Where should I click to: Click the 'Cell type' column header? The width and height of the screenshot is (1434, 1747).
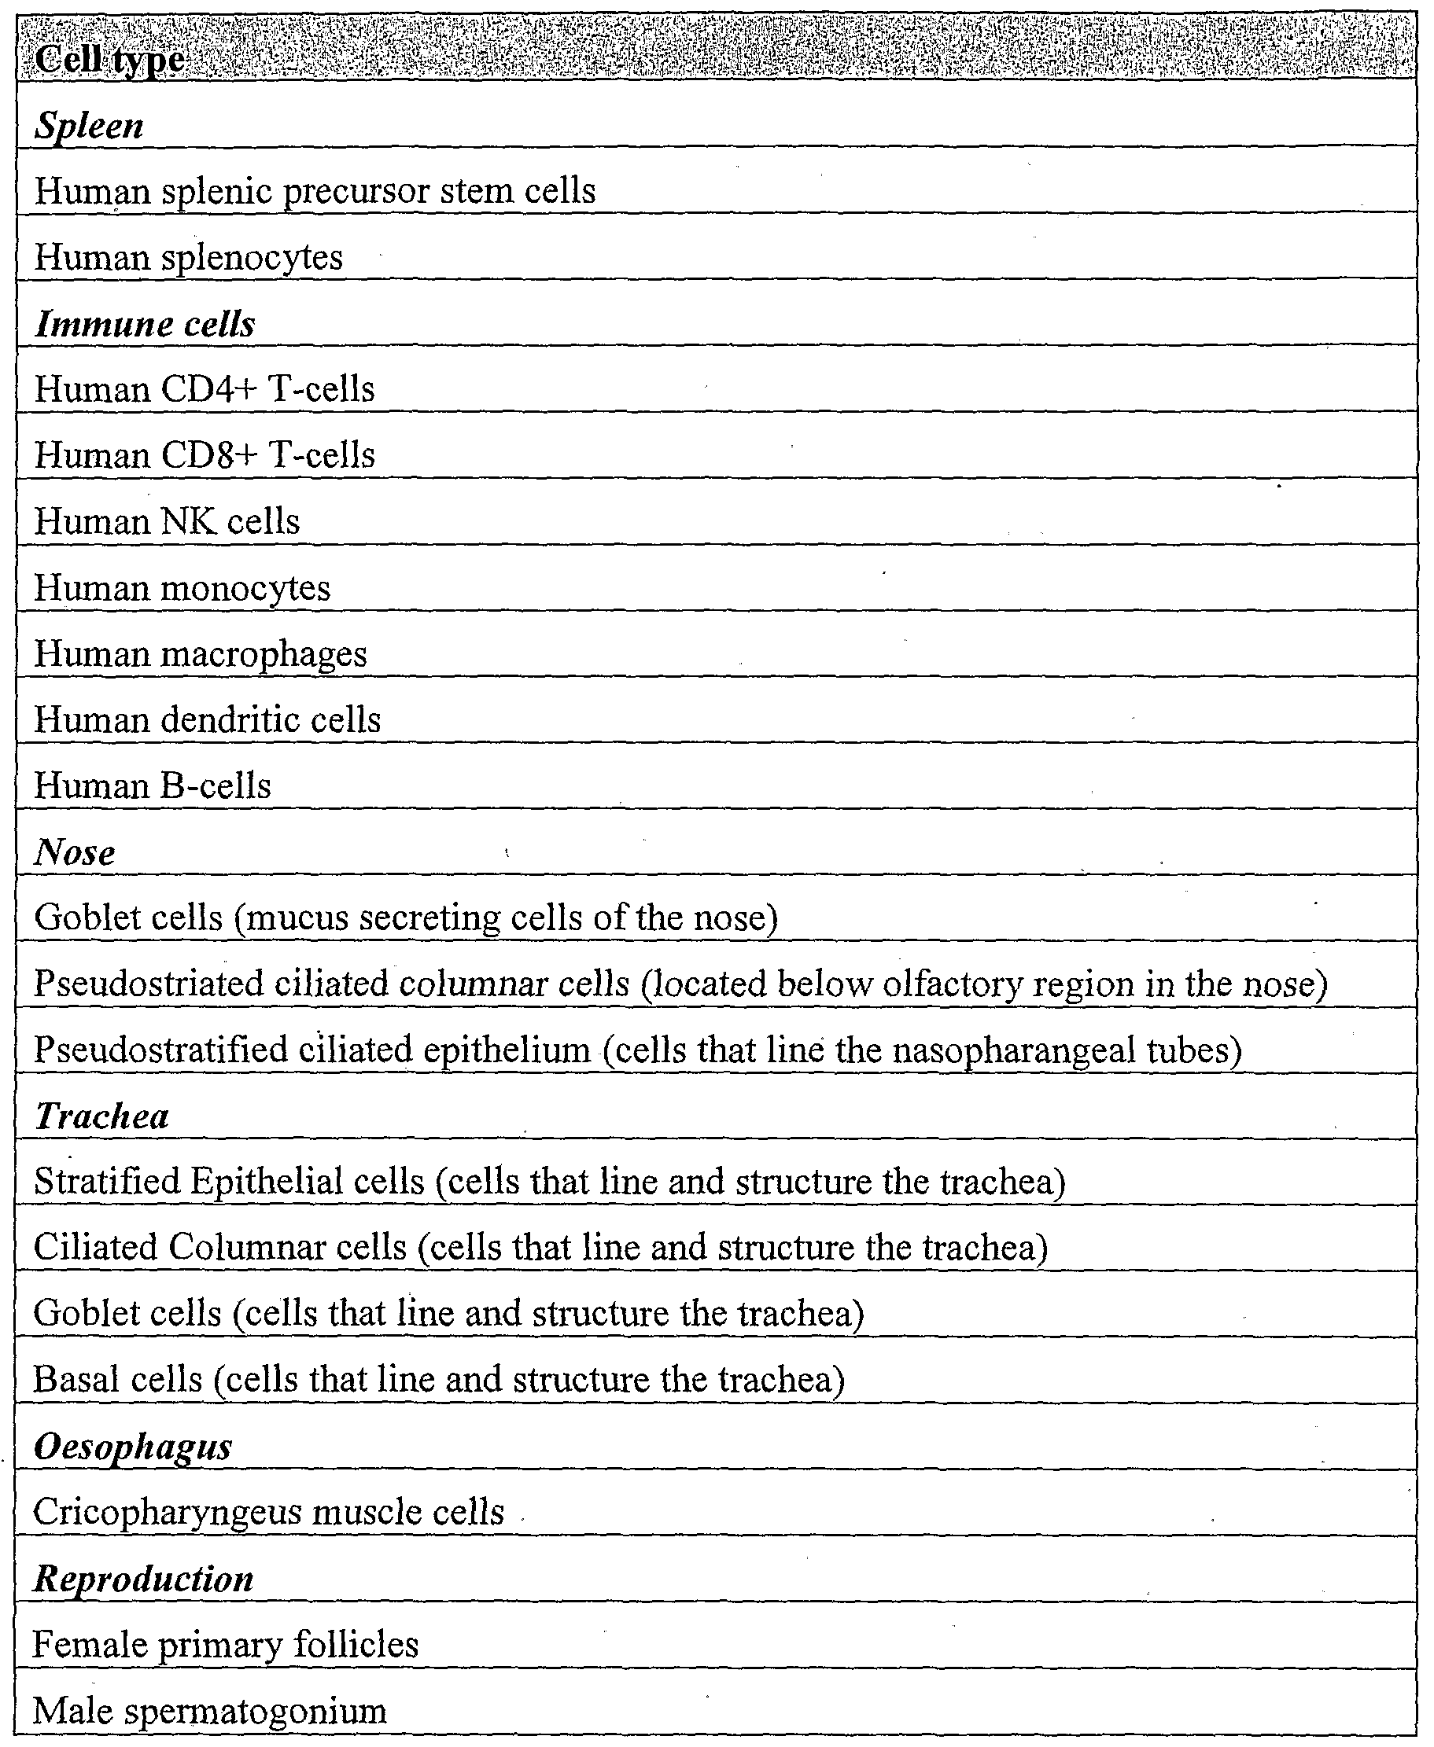pos(110,60)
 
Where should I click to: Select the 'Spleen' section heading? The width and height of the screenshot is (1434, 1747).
pos(89,127)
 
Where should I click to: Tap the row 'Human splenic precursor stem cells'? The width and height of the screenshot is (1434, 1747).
pos(315,192)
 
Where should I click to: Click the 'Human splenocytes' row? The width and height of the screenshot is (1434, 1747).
pos(188,258)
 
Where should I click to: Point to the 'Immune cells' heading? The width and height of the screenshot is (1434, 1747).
pos(145,324)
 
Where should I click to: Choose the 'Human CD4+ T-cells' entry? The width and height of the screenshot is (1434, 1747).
pos(204,389)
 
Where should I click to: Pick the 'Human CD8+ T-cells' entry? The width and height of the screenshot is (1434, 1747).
pos(204,455)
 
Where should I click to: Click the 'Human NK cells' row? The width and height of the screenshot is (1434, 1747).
pos(167,522)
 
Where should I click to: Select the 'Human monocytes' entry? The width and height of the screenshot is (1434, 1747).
pos(182,588)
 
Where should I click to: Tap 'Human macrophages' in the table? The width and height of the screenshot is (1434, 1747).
pos(200,654)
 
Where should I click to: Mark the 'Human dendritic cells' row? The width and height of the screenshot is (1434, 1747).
pos(208,720)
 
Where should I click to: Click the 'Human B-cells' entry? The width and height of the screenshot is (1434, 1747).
pos(152,786)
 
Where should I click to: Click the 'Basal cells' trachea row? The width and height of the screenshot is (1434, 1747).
pos(439,1380)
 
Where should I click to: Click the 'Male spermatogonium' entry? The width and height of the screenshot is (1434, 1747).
pos(209,1712)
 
